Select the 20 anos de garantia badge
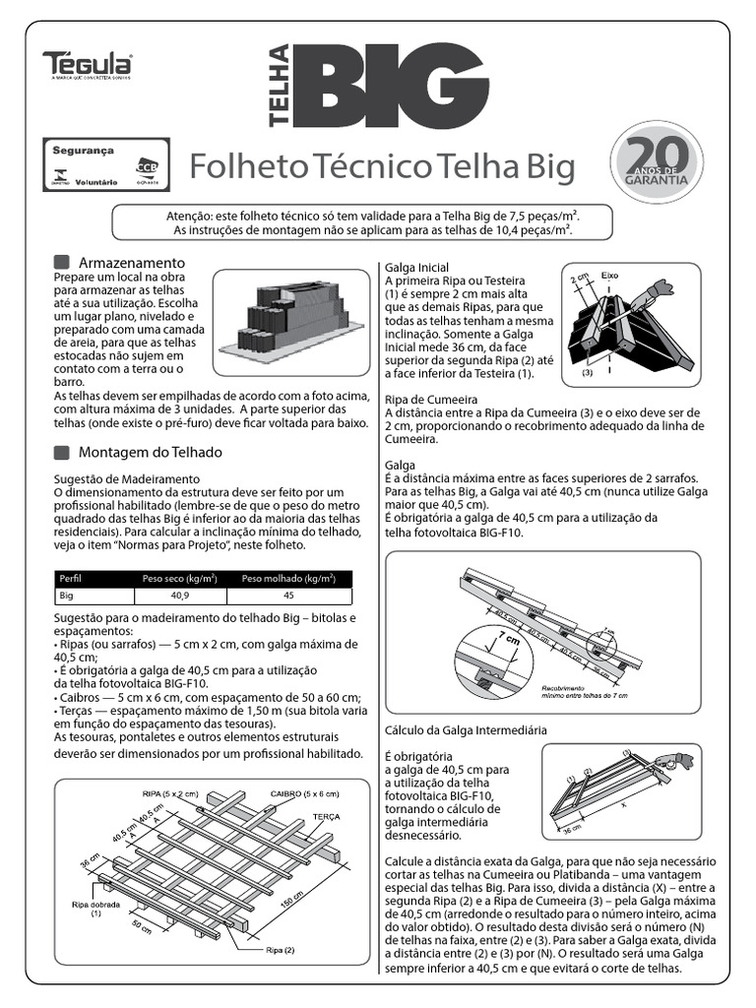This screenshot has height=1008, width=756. (x=658, y=164)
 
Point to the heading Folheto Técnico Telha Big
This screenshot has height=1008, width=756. (x=381, y=168)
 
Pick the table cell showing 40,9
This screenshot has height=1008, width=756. (x=179, y=597)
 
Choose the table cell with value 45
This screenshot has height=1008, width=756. (x=288, y=597)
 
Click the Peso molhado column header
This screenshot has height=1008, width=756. (x=288, y=579)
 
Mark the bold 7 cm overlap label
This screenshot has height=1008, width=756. (x=510, y=641)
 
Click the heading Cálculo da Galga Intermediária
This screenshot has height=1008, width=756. (x=466, y=729)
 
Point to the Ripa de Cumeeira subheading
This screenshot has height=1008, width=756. (x=432, y=399)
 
